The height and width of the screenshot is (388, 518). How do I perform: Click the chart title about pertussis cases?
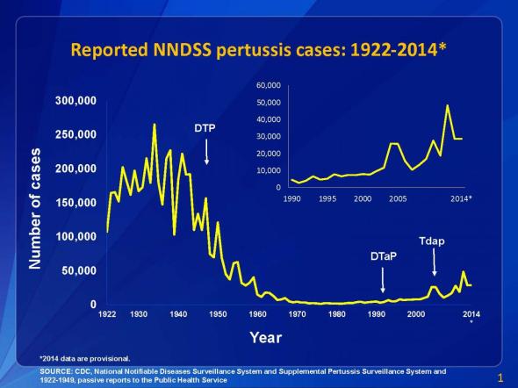(x=259, y=50)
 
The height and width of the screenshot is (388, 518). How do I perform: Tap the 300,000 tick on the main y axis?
(x=76, y=101)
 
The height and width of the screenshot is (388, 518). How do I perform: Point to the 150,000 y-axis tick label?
(x=76, y=203)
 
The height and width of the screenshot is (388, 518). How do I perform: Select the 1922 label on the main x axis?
(x=107, y=313)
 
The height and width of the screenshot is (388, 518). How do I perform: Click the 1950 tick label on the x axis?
(x=218, y=313)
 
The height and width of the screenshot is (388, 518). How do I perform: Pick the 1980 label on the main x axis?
(x=337, y=313)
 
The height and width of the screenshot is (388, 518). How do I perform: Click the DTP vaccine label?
(x=205, y=128)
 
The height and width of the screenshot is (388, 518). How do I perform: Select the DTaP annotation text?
(x=384, y=258)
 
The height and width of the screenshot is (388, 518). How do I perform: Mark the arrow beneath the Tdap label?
(x=432, y=262)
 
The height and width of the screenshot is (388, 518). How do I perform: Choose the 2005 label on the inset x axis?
(x=398, y=199)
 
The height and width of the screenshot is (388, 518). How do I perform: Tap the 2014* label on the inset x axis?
(x=462, y=199)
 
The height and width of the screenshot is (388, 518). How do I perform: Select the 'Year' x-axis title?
(x=266, y=336)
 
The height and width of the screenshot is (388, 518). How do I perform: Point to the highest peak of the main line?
(x=155, y=126)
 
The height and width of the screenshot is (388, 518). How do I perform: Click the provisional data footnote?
(x=84, y=358)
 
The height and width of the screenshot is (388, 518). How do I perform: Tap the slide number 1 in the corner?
(x=500, y=378)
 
